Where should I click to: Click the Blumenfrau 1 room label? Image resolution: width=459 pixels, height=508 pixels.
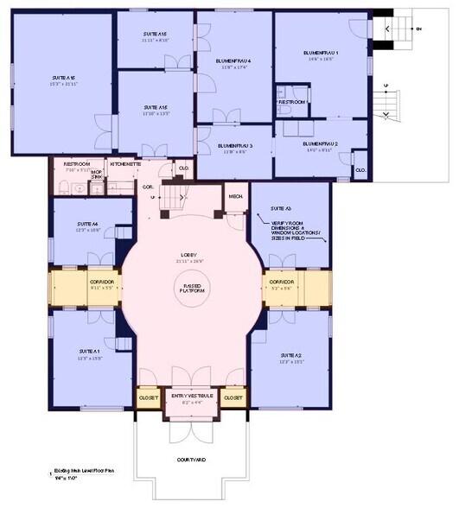320,54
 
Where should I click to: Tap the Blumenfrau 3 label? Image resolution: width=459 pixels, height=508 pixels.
234,146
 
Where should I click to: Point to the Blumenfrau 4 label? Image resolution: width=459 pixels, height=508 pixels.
233,61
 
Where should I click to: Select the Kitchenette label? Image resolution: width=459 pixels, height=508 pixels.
125,163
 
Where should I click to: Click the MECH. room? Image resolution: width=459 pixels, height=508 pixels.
236,196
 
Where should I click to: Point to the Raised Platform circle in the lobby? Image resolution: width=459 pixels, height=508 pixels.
192,289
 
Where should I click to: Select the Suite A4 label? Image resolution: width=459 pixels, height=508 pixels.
87,225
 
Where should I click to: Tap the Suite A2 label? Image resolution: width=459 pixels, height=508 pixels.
291,356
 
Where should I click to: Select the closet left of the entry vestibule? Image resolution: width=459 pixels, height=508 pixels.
148,397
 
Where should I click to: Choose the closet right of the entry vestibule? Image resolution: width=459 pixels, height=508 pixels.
233,397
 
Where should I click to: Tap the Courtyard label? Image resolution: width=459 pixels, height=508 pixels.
192,460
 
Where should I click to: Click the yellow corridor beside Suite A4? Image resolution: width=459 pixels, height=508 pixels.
89,283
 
